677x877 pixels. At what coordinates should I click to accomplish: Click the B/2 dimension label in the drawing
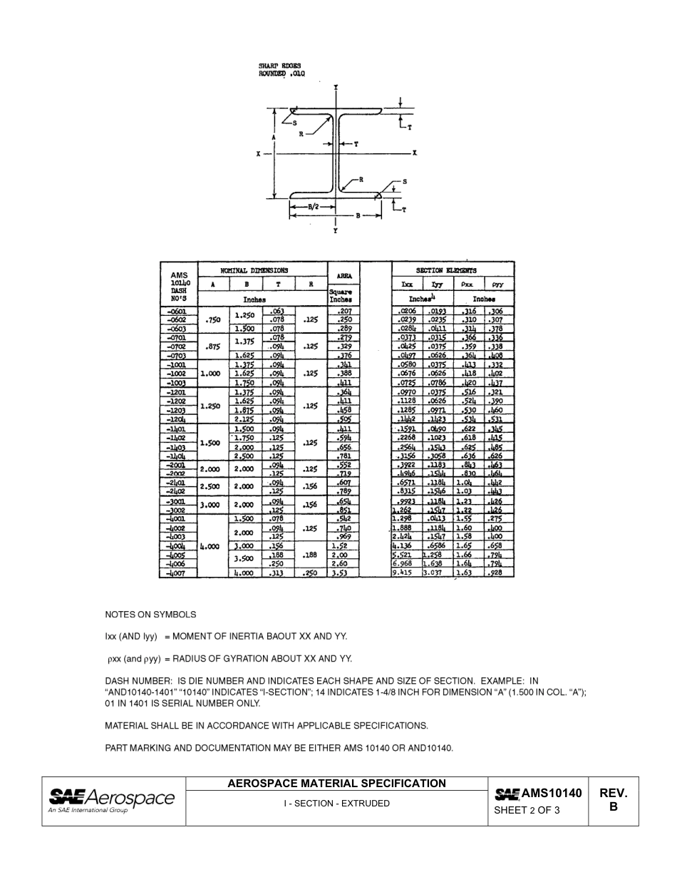(313, 207)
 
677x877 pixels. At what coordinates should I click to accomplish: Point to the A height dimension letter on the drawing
(274, 137)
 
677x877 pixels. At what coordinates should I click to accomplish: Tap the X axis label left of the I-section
(259, 153)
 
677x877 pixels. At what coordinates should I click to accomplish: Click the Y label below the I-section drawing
(336, 231)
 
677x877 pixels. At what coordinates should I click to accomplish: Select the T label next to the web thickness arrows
(356, 144)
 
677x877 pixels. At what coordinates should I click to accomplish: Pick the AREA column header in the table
(344, 275)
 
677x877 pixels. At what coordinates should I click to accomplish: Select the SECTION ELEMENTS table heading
(447, 270)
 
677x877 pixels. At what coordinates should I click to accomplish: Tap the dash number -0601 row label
(176, 312)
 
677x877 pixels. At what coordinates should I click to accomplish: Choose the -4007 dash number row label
(176, 573)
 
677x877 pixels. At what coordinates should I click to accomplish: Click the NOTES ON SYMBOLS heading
(150, 615)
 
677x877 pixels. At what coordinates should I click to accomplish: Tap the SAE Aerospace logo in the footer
(111, 799)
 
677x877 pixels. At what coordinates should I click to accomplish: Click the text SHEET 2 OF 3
(527, 810)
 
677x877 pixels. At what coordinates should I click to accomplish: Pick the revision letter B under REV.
(613, 808)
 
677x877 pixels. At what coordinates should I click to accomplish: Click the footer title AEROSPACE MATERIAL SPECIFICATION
(336, 783)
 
